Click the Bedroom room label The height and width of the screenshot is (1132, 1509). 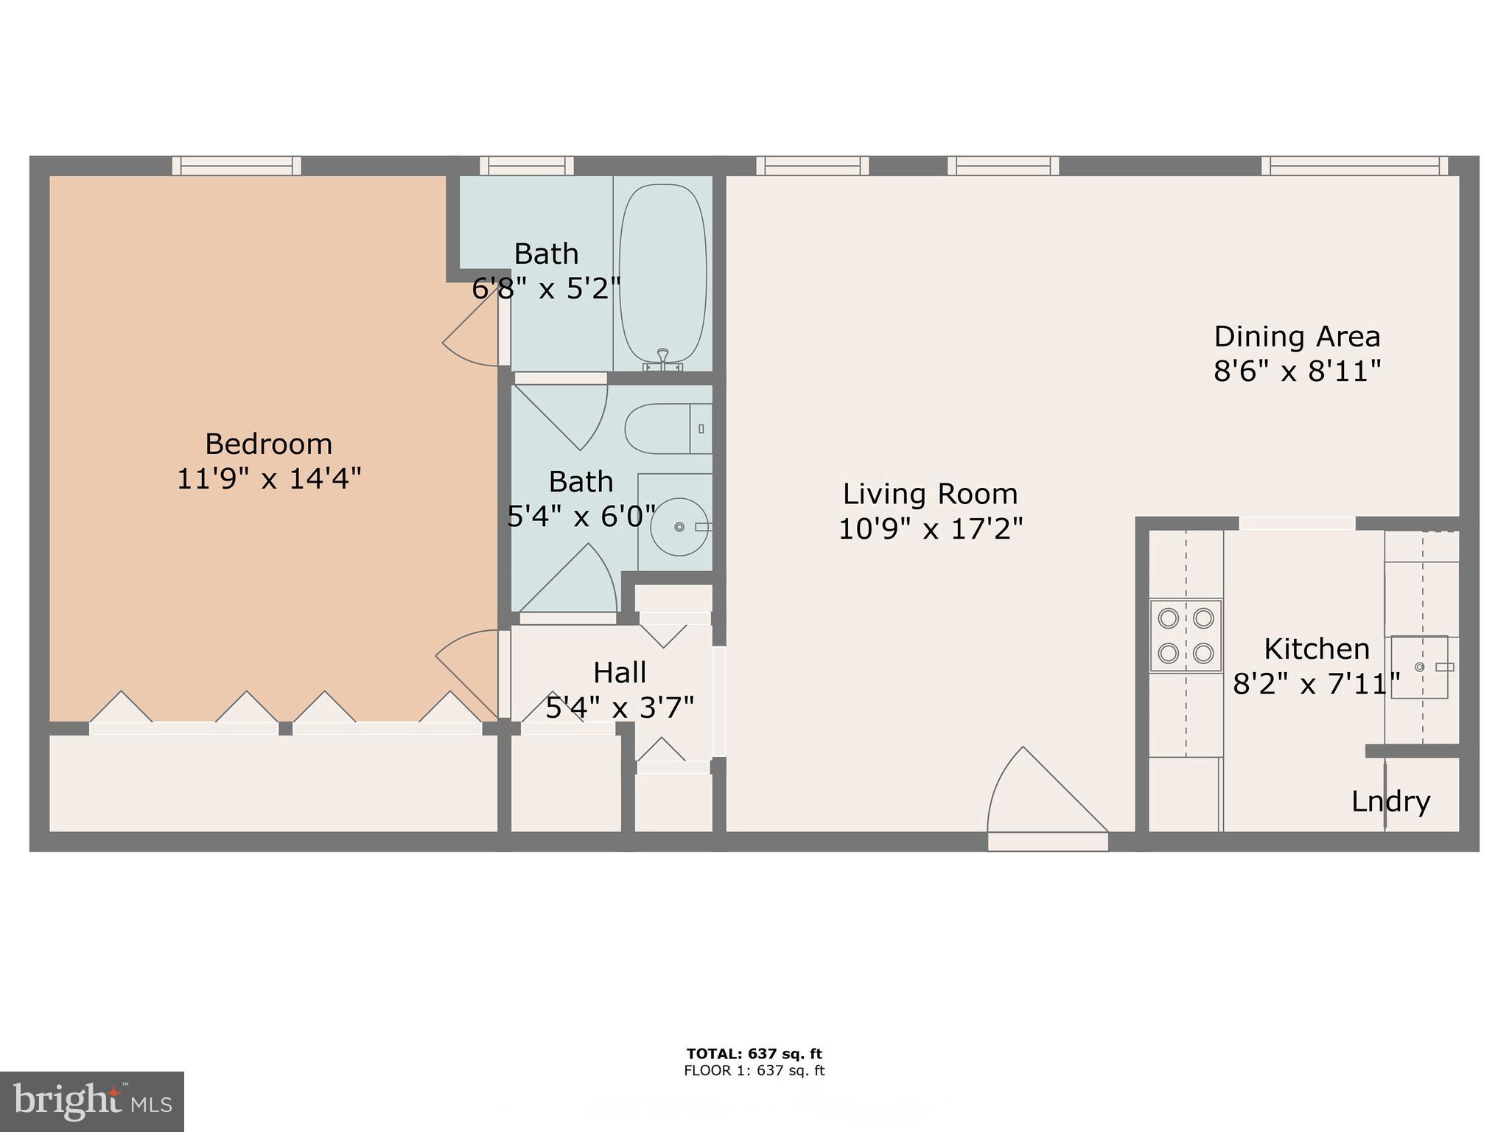[268, 444]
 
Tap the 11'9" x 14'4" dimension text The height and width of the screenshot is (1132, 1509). [269, 479]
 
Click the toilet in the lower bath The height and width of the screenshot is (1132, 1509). [667, 428]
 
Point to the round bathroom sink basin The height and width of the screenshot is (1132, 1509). [679, 527]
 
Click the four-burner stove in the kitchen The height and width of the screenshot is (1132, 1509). [1186, 635]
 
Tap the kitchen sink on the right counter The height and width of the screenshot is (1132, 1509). [1419, 667]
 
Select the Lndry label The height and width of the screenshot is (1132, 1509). [1390, 801]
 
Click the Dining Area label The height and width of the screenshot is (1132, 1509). [1297, 337]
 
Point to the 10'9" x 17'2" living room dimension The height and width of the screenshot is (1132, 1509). [931, 528]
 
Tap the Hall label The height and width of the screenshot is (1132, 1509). [620, 673]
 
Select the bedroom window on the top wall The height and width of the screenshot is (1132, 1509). [237, 166]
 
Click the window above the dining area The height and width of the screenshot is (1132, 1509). [1354, 166]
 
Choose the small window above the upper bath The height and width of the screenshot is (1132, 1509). [526, 166]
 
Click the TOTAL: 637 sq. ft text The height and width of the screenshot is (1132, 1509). [754, 1054]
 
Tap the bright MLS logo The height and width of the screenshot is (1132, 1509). [91, 1101]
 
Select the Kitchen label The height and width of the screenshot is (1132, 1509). [1317, 649]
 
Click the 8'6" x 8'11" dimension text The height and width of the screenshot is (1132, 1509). [1297, 371]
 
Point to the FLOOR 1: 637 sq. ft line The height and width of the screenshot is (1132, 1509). [754, 1071]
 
